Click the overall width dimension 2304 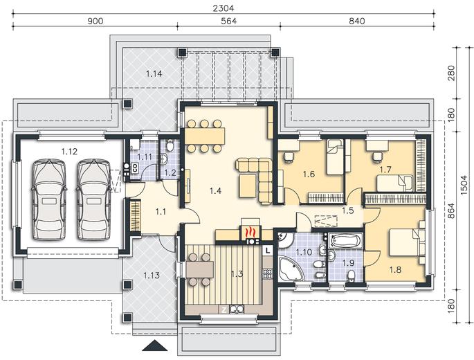tap(223, 8)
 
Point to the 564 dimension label tap(228, 21)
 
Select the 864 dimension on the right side tap(450, 210)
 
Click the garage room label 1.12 tap(69, 152)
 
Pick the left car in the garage tap(48, 200)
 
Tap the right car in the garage tap(93, 200)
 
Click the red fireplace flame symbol tap(250, 233)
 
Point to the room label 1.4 tap(215, 190)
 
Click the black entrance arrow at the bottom tap(155, 345)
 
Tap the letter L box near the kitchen tap(268, 250)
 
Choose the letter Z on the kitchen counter tap(224, 309)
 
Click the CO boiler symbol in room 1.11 tap(135, 168)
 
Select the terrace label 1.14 tap(154, 73)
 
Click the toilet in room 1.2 tap(170, 146)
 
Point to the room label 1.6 tap(309, 174)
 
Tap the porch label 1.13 tap(152, 276)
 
